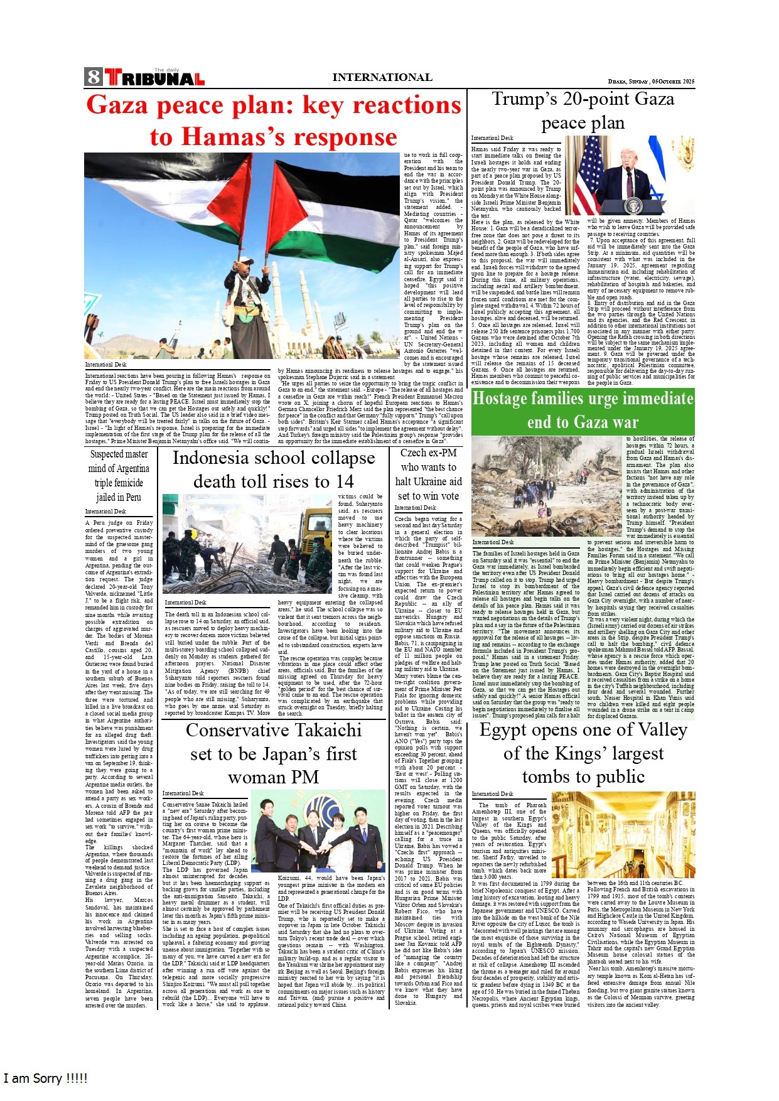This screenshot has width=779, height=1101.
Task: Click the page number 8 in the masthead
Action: pyautogui.click(x=94, y=77)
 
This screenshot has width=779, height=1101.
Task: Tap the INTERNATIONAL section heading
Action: pyautogui.click(x=382, y=77)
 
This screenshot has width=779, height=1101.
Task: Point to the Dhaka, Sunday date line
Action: pyautogui.click(x=651, y=82)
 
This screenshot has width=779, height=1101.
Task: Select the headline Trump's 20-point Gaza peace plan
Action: pyautogui.click(x=583, y=110)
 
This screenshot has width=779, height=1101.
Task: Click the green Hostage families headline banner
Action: pyautogui.click(x=583, y=410)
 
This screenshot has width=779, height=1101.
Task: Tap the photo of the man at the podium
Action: pyautogui.click(x=630, y=176)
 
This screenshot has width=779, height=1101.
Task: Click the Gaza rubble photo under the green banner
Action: pyautogui.click(x=546, y=487)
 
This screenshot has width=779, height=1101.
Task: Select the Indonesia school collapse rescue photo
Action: pyautogui.click(x=249, y=544)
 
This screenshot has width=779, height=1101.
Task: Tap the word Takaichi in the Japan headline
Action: pyautogui.click(x=323, y=730)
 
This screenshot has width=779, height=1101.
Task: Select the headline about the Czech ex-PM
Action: pyautogui.click(x=429, y=474)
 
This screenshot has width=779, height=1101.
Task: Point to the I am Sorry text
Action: pyautogui.click(x=45, y=1078)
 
